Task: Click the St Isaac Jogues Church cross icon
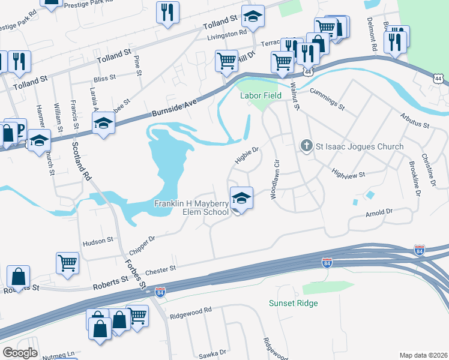(x=306, y=146)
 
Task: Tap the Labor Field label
(x=261, y=95)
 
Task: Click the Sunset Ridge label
(x=293, y=303)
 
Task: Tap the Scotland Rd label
(x=81, y=162)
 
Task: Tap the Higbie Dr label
(x=246, y=154)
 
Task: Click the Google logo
(x=20, y=352)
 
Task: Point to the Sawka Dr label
(x=212, y=354)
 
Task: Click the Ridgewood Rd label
(x=191, y=310)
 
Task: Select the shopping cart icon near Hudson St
(x=67, y=262)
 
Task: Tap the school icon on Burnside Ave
(x=103, y=125)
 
